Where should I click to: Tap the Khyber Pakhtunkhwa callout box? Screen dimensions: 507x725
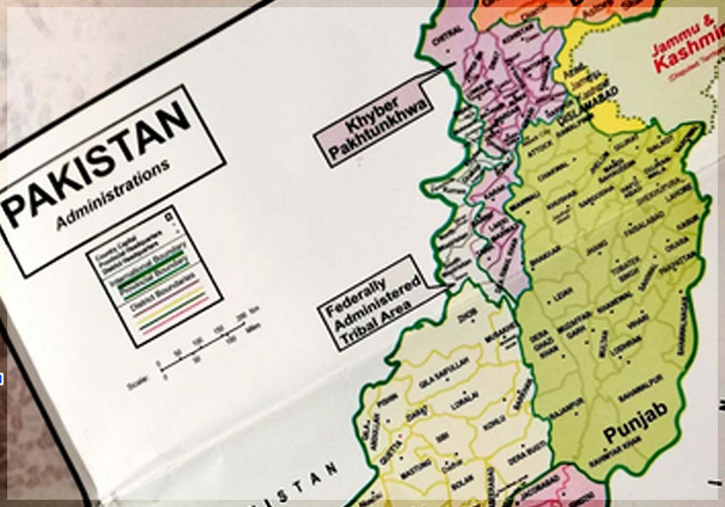pyautogui.click(x=371, y=126)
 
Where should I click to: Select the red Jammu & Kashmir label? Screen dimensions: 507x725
pyautogui.click(x=684, y=54)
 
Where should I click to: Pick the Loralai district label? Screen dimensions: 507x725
pyautogui.click(x=464, y=402)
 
